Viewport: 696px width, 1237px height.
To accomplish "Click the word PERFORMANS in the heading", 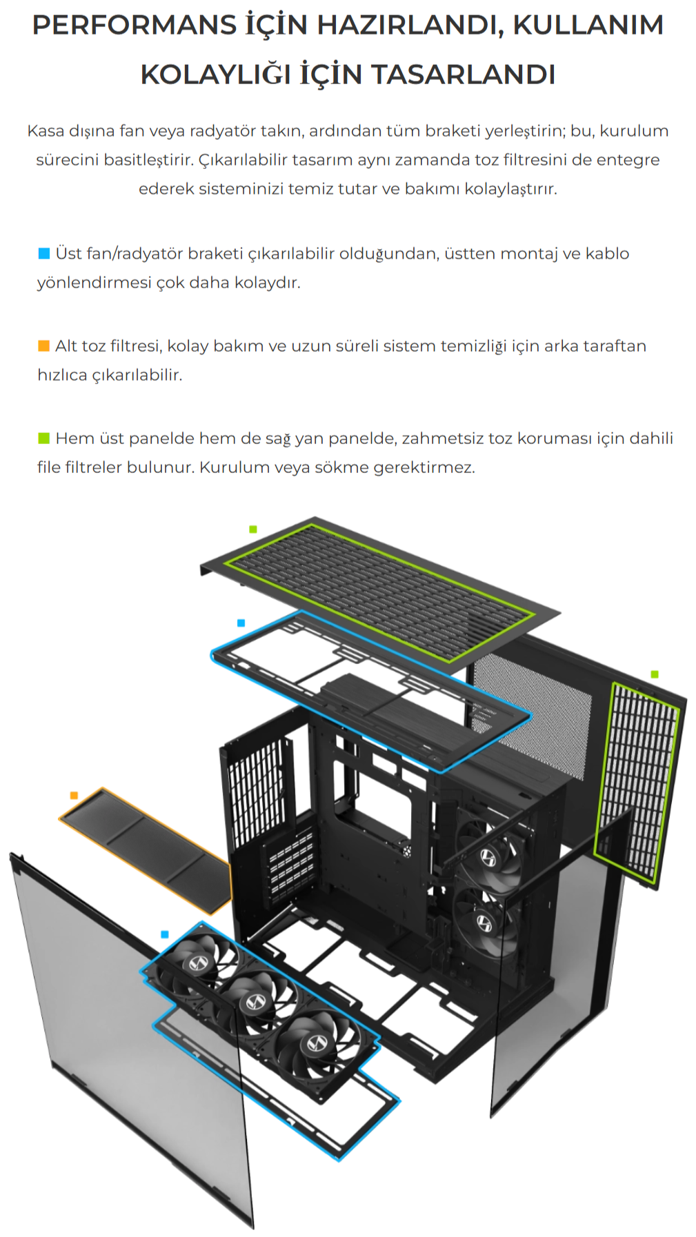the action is coord(135,26).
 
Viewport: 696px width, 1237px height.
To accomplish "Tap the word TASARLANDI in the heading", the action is coord(463,74).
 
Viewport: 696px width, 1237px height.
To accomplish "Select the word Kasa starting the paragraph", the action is coord(46,131).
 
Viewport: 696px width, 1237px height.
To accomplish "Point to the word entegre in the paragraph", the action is coord(628,160).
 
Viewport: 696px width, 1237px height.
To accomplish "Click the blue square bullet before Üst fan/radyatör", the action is coord(43,254).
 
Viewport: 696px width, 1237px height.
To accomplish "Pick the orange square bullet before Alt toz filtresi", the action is coord(43,346).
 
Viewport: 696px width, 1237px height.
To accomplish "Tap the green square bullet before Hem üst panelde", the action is coord(43,439).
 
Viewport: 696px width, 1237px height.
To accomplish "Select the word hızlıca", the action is coord(62,375).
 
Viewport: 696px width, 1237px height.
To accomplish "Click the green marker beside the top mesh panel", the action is coord(253,529).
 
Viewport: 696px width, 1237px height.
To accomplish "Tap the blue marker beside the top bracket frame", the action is coord(241,623).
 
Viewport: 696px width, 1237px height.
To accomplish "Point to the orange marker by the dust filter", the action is coord(74,796).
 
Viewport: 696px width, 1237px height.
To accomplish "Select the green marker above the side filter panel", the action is coord(655,674).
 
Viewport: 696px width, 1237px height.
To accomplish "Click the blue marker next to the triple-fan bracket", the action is coord(164,934).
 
